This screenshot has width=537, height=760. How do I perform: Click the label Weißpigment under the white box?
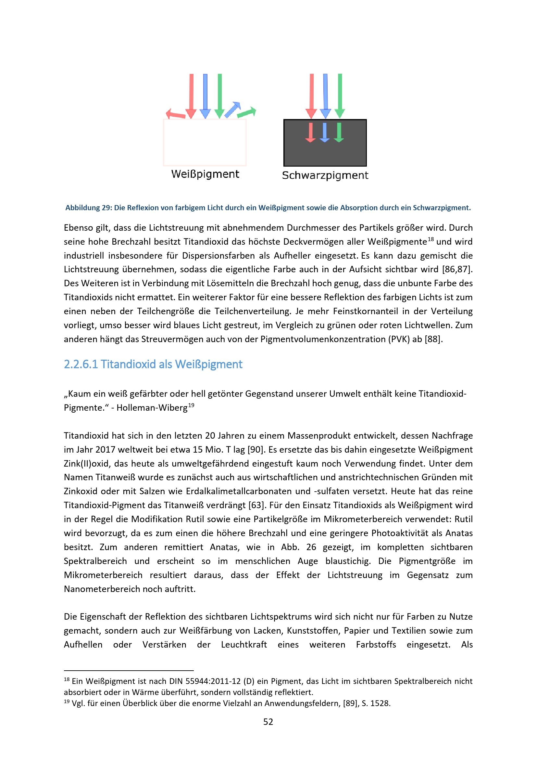(x=205, y=174)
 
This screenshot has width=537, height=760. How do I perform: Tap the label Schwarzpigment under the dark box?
(x=325, y=175)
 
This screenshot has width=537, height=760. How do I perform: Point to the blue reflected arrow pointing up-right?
(x=232, y=109)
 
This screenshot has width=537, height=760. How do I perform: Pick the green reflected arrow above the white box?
(x=247, y=112)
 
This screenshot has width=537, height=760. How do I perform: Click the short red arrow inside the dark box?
(x=310, y=132)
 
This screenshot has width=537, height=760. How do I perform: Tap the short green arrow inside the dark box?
(x=339, y=132)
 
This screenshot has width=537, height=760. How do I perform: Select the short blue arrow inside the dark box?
(x=325, y=132)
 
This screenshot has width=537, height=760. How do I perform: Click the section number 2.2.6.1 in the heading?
(x=81, y=364)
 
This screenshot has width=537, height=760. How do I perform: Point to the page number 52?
(x=268, y=722)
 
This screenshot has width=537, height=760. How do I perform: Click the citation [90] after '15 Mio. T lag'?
(x=255, y=449)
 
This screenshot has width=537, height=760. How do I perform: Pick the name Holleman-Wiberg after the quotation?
(x=152, y=408)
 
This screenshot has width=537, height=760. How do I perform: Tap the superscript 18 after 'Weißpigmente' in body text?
(x=431, y=239)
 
